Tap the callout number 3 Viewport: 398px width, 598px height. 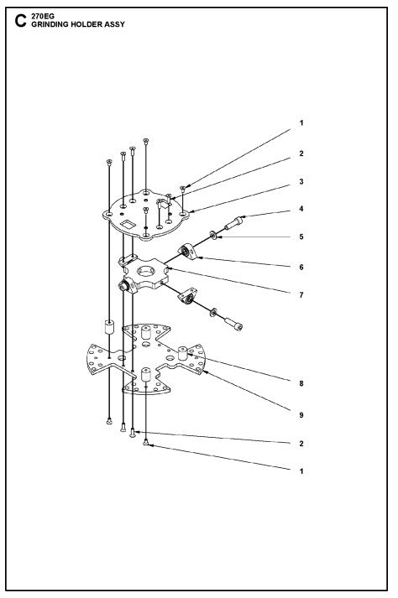[x=301, y=181]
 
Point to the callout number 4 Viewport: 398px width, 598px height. [x=301, y=209]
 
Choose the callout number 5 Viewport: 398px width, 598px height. [x=301, y=237]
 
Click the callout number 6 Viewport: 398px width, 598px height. [x=301, y=267]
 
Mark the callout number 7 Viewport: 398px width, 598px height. [x=301, y=295]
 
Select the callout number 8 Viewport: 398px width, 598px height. [x=301, y=383]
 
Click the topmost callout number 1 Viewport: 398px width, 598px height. [x=301, y=123]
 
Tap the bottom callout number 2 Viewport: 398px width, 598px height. [x=301, y=443]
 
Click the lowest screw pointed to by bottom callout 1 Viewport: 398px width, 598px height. [x=147, y=442]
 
